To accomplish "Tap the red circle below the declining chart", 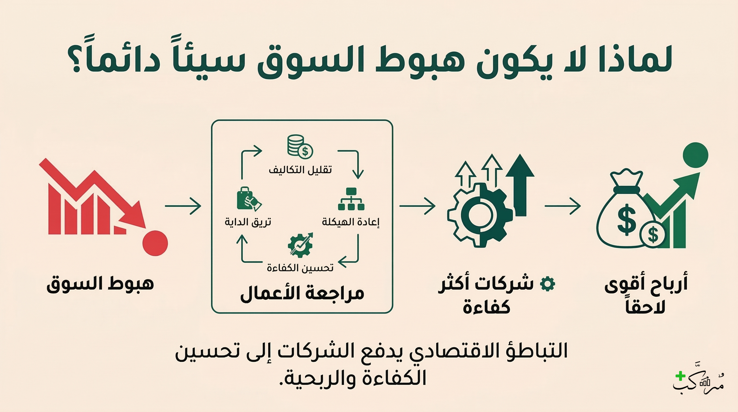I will coord(155,243).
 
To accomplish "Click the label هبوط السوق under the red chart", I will coord(100,284).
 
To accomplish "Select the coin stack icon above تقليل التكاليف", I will coord(300,146).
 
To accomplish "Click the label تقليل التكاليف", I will coord(300,170).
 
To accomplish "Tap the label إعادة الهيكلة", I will coord(351,222).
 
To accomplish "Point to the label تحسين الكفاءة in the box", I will coord(300,268).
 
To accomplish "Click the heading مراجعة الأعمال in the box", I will coord(302,294).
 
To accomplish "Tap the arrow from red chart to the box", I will coord(183,206).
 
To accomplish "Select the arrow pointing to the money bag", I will coord(562,206).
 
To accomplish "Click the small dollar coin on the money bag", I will coord(653,234).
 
